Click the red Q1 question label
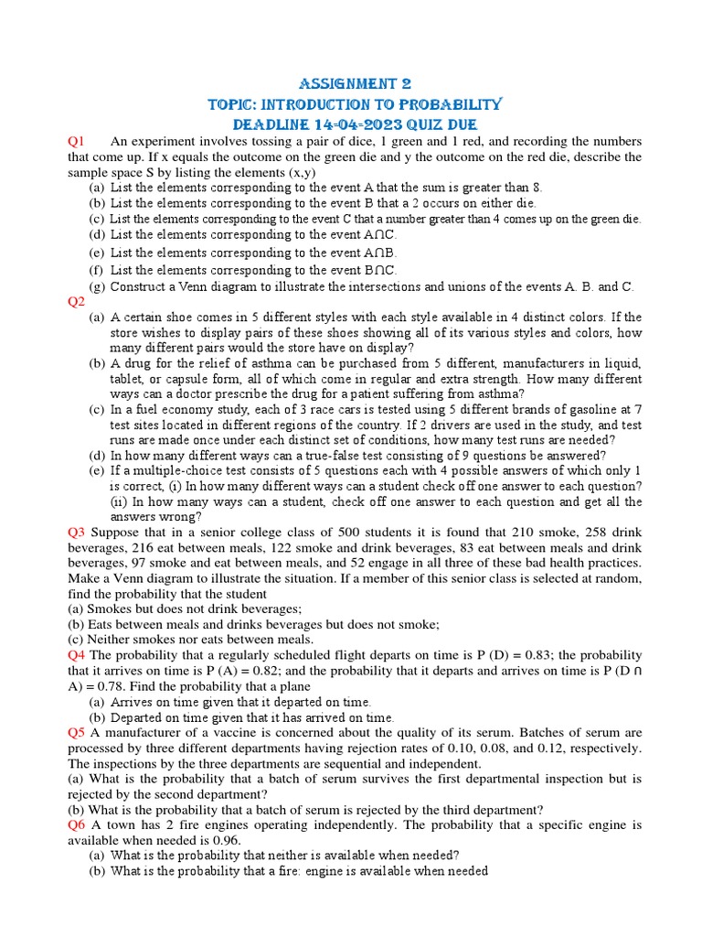(x=76, y=141)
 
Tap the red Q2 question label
(x=76, y=301)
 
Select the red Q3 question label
(x=77, y=532)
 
